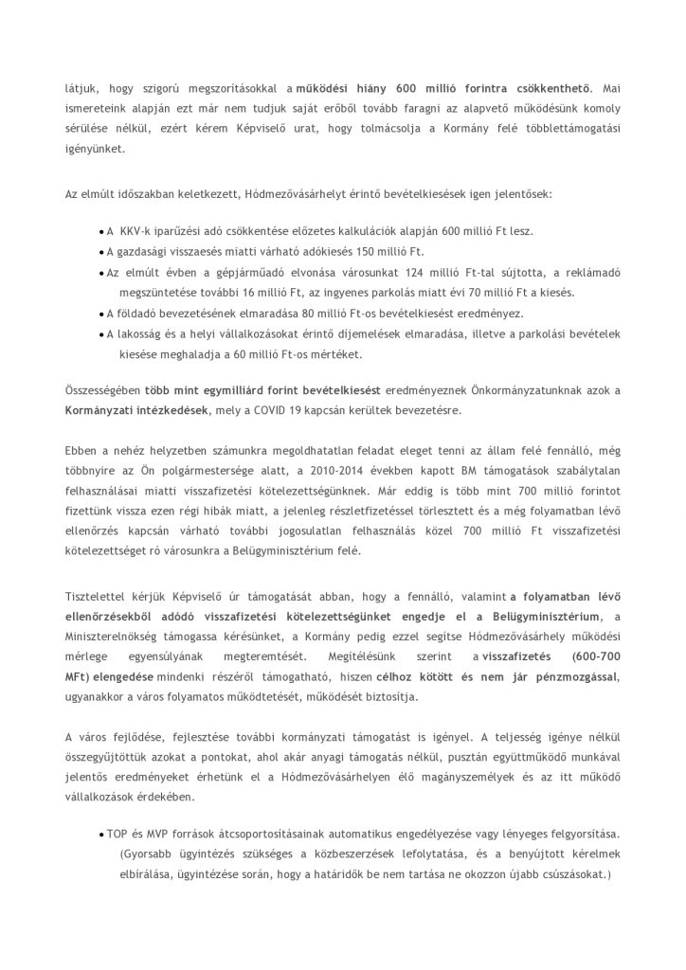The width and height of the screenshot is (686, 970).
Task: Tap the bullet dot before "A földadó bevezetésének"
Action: click(100, 314)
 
